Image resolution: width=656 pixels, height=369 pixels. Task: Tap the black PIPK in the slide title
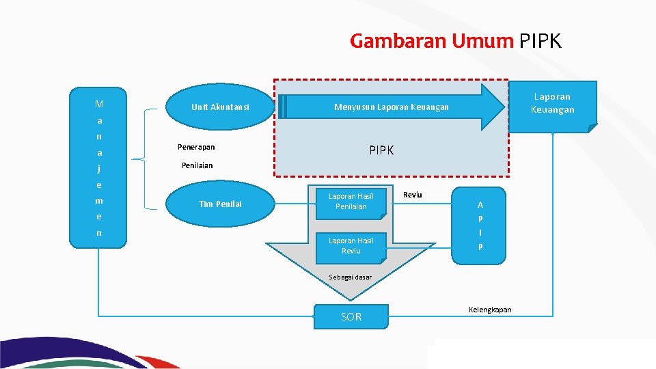tap(541, 42)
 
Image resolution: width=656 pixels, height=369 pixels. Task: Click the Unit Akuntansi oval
tap(220, 107)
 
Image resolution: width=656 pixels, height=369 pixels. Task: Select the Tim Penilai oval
tap(220, 204)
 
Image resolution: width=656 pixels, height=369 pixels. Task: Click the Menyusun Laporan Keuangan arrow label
tap(391, 107)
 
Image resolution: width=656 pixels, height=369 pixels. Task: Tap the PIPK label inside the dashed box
tap(381, 150)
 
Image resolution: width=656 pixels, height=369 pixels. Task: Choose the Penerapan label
tap(196, 147)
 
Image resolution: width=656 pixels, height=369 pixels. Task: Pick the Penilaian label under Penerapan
tap(197, 165)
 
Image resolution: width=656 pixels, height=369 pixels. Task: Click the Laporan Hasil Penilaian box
tap(351, 202)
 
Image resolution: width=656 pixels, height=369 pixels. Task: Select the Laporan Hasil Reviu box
tap(351, 246)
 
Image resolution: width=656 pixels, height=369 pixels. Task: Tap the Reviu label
tap(413, 195)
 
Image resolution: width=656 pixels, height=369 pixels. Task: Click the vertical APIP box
tap(480, 225)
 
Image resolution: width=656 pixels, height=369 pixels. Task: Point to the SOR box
tap(351, 317)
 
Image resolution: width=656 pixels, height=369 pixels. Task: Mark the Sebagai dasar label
tap(351, 277)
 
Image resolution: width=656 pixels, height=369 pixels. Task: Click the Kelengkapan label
tap(490, 310)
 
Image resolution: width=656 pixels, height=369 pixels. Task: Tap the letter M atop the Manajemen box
tap(100, 105)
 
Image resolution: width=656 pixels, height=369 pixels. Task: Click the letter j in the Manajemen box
tap(99, 169)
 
